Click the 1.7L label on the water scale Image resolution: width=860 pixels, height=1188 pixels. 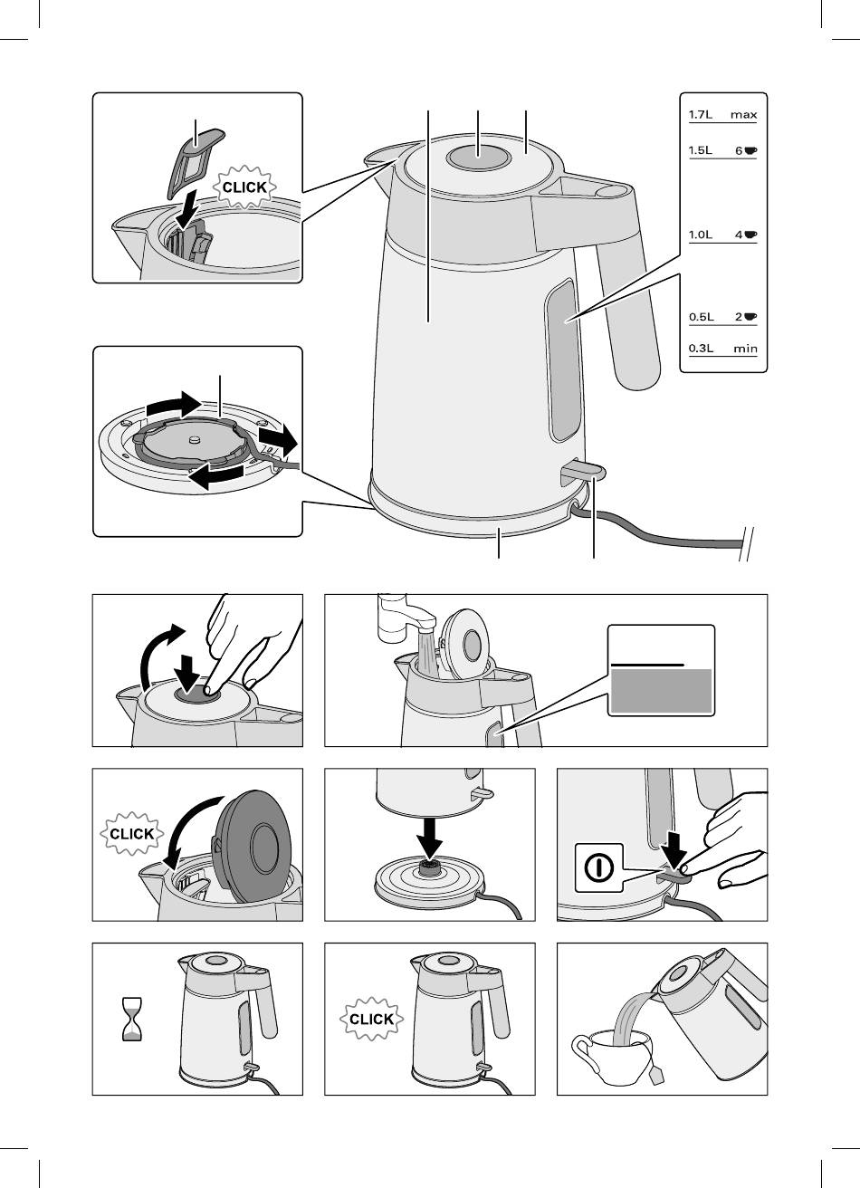(701, 115)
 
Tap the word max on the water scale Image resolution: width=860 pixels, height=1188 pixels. (743, 115)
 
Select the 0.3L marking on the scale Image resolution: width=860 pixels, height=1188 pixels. (701, 349)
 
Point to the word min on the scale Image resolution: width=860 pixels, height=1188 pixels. (745, 349)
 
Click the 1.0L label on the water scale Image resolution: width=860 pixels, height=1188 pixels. (701, 235)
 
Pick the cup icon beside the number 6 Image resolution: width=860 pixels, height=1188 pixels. (750, 150)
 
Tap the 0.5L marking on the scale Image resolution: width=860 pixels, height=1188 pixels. (701, 317)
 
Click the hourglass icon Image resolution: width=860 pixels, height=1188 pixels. (132, 1019)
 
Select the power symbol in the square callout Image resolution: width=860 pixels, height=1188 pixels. (599, 867)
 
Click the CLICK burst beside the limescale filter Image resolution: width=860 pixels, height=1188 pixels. (244, 187)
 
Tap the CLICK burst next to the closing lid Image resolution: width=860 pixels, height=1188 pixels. (131, 834)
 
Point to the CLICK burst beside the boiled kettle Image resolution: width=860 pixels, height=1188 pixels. (371, 1019)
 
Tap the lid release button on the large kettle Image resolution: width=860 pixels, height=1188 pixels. (479, 157)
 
